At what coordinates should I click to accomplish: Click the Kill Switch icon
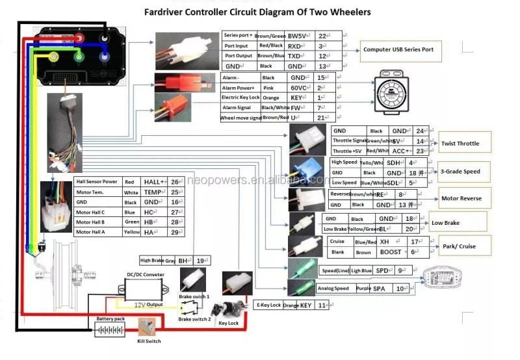149,327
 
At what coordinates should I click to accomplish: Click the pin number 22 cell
322,36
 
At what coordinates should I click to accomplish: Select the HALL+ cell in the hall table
154,182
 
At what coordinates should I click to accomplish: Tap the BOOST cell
391,251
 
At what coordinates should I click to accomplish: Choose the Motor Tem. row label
90,192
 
